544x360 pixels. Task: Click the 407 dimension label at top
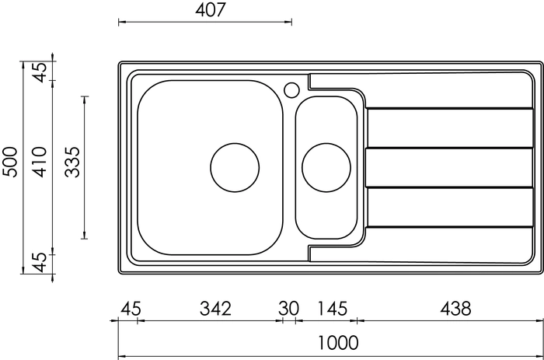[x=211, y=10]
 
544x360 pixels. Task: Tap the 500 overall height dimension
[x=9, y=163]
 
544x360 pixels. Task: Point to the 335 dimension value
[x=72, y=163]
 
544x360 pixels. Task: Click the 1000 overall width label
[x=338, y=343]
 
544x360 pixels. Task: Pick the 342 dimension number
[x=215, y=308]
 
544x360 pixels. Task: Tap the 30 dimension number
[x=288, y=308]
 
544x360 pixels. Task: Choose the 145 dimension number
[x=332, y=308]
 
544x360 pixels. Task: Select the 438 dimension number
[x=455, y=308]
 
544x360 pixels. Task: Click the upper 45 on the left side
[x=40, y=72]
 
